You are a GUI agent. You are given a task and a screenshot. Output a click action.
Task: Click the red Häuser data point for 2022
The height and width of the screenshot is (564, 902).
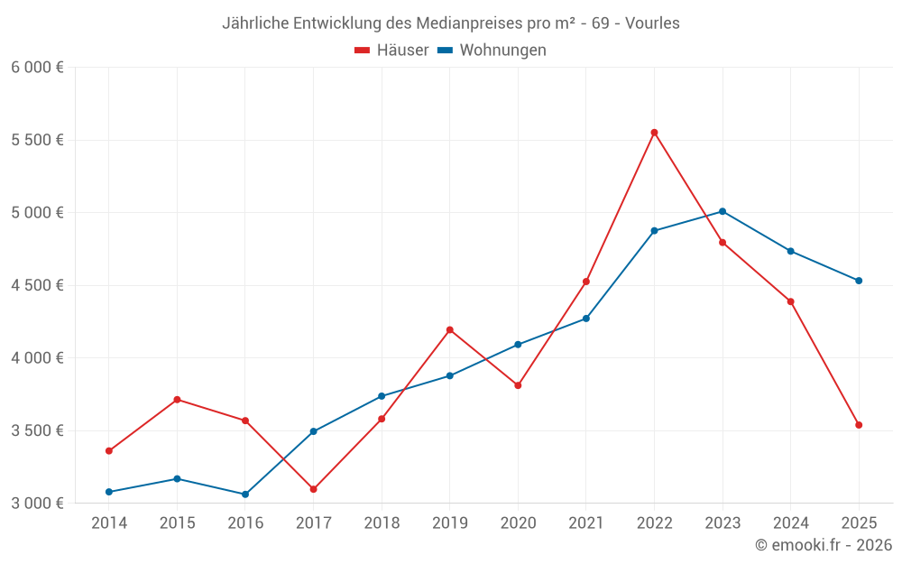[654, 133]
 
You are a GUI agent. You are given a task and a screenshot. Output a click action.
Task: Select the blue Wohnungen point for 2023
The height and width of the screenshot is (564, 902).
[723, 211]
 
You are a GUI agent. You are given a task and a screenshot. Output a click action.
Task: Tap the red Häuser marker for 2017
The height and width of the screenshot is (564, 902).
[313, 489]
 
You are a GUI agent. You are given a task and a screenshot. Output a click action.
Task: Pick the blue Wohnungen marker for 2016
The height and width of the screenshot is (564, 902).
[245, 495]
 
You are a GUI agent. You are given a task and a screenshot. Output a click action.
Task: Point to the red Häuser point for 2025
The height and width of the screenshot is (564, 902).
[859, 425]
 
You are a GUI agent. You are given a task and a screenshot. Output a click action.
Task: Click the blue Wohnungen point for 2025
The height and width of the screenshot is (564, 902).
[859, 281]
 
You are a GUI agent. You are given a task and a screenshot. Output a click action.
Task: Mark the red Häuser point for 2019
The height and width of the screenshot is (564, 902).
[450, 329]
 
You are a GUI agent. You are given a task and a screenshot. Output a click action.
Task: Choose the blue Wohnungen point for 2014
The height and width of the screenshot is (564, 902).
[109, 492]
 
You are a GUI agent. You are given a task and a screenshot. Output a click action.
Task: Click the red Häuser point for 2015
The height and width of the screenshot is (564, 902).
[177, 400]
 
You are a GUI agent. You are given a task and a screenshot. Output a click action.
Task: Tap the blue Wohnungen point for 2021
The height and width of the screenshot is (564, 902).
[586, 319]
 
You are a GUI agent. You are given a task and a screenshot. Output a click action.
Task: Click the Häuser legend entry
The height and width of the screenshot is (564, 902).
[391, 51]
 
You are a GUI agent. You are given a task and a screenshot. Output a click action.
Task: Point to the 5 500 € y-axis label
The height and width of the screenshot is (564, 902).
[37, 140]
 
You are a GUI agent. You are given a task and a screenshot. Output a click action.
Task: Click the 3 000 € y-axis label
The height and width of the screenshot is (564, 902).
[37, 503]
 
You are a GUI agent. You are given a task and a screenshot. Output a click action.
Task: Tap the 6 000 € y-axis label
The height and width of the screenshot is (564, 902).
[37, 68]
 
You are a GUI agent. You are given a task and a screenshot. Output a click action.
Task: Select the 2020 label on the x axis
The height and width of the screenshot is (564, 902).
[518, 523]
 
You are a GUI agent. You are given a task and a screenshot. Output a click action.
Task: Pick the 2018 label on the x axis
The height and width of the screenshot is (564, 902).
[382, 523]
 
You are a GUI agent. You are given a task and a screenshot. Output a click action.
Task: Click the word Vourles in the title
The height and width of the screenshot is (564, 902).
[649, 23]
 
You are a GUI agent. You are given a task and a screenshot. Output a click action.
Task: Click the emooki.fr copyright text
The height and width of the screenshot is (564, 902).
[824, 545]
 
